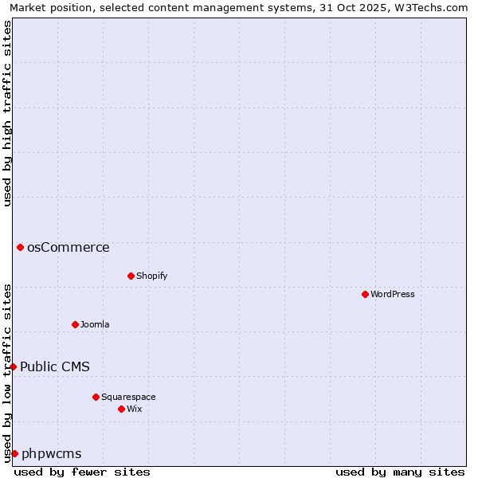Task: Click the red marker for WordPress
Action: coord(365,294)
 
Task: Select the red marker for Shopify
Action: coord(131,276)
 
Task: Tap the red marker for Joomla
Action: coord(76,324)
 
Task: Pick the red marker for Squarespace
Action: coord(96,397)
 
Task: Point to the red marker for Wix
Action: coord(121,409)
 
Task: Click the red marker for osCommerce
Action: coord(20,247)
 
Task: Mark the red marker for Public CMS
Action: coord(14,366)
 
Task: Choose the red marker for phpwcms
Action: coord(14,453)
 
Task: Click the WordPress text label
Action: coord(393,294)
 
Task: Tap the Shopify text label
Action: coord(151,276)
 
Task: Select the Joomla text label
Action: coord(95,324)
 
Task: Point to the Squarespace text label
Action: coord(128,397)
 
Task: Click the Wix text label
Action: coord(135,409)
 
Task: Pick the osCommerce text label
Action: coord(69,247)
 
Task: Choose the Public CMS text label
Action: coord(55,366)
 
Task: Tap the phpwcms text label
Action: coord(52,453)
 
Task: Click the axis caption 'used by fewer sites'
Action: coord(82,472)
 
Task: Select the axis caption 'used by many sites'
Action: coord(400,472)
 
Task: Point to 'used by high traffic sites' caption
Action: coord(7,113)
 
